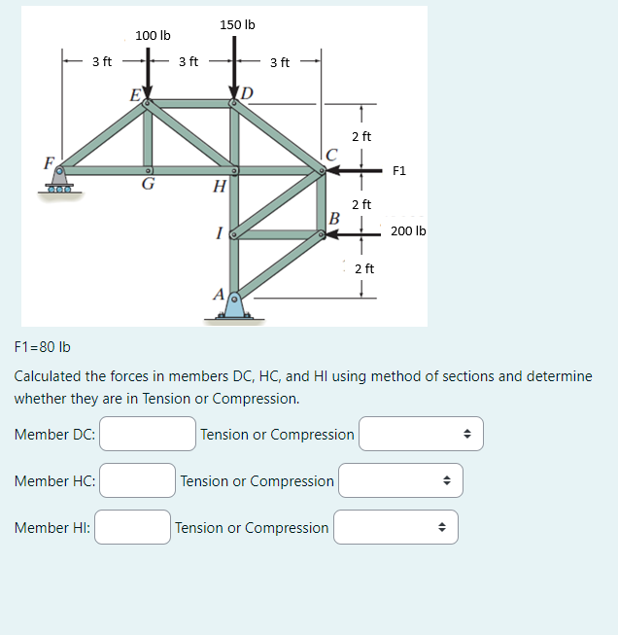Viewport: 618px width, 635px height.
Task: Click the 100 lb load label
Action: tap(153, 36)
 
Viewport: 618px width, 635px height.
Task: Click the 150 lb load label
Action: tap(237, 24)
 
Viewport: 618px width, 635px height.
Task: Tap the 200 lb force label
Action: tap(408, 231)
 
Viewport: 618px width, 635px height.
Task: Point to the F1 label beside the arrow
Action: tap(399, 171)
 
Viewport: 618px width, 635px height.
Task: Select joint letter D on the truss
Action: tap(247, 93)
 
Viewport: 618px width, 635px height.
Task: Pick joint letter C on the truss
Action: tap(332, 155)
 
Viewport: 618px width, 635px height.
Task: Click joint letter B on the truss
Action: tap(333, 217)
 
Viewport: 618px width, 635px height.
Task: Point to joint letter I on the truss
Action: tap(222, 233)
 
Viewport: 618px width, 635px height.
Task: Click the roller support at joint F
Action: tap(61, 181)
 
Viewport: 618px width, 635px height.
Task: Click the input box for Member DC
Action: tap(148, 434)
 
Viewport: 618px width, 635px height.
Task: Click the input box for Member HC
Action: tap(137, 480)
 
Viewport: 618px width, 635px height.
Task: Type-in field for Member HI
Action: tap(132, 527)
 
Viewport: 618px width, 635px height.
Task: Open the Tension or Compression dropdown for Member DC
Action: tap(421, 434)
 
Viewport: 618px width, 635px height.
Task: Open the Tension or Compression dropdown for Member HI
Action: tap(395, 527)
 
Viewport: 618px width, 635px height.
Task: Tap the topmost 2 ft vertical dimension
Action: tap(360, 137)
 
